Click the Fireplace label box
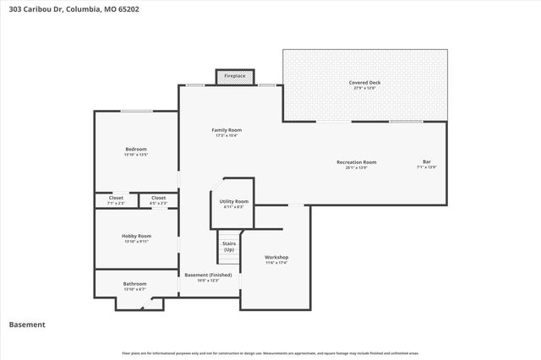point(235,77)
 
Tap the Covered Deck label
point(364,83)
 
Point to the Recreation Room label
point(356,161)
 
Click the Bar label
point(426,161)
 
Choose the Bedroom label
point(135,149)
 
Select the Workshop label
point(276,257)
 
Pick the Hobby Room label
point(135,236)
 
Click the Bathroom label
point(135,284)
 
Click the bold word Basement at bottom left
point(27,325)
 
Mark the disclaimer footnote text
point(270,352)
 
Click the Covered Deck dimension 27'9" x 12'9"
point(364,88)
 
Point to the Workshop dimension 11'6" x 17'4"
point(276,263)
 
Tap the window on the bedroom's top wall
point(136,112)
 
